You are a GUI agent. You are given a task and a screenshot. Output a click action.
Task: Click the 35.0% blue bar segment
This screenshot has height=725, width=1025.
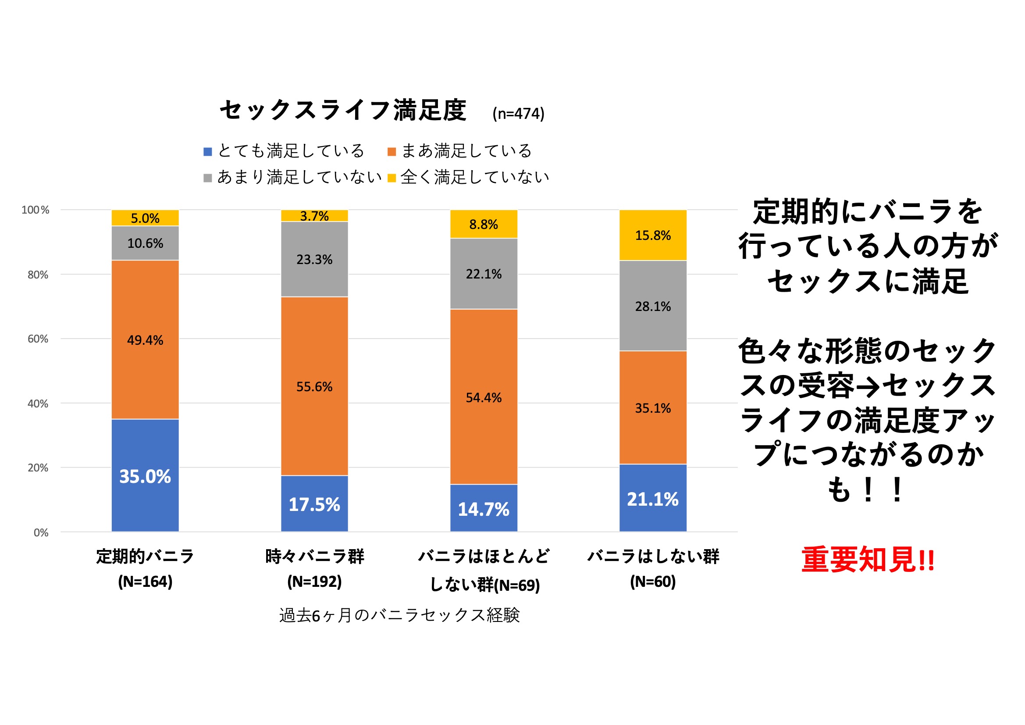pos(145,475)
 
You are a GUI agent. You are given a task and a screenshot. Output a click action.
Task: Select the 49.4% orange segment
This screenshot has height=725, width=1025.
pos(145,339)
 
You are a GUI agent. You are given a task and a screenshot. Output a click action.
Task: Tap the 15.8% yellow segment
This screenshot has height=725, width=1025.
pos(653,236)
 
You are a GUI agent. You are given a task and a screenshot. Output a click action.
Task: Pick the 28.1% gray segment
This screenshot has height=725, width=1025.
pos(653,306)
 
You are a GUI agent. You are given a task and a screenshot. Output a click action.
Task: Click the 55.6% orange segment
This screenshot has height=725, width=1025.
pos(314,386)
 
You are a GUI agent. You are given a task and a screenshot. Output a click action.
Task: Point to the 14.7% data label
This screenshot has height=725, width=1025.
pos(484,509)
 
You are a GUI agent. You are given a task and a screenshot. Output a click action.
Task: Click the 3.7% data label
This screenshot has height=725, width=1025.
pos(314,216)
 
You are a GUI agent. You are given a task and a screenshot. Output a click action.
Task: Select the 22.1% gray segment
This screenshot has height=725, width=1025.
pos(484,274)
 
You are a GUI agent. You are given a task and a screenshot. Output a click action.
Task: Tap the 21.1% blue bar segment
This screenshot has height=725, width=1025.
pos(653,499)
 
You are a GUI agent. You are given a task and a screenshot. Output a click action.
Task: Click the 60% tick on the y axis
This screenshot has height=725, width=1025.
pos(38,339)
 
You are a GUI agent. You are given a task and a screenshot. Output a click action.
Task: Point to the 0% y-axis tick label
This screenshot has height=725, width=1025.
pos(41,532)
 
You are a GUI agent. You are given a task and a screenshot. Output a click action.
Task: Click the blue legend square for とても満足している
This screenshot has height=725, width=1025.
pos(208,152)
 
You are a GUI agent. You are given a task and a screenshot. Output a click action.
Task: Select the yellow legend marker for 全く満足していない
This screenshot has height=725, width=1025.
pos(391,178)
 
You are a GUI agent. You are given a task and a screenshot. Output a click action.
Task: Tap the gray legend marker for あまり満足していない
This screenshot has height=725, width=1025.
pos(208,178)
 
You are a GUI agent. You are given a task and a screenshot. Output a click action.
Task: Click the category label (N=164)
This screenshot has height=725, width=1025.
pos(145,582)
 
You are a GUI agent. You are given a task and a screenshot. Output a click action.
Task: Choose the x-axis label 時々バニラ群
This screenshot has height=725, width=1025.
pos(314,557)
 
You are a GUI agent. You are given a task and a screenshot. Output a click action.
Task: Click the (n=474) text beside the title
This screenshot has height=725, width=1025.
pos(518,114)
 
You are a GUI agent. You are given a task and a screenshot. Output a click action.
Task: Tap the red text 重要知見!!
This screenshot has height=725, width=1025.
pos(868,559)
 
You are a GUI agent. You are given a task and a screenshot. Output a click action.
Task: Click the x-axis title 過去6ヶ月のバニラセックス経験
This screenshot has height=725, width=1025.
pos(399,615)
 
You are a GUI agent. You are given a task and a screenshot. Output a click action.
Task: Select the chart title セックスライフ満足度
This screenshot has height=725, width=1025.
pos(343,110)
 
